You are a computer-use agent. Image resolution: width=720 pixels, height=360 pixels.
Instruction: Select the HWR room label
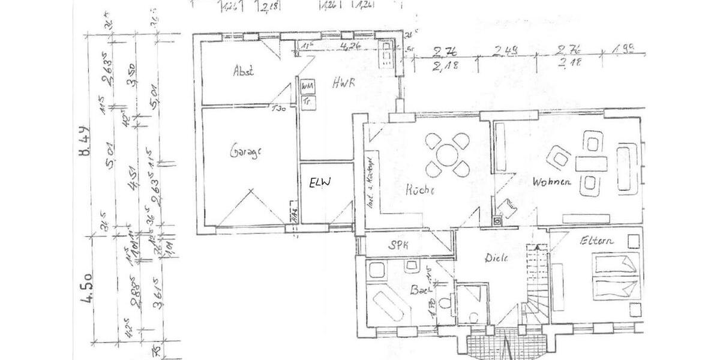pyautogui.click(x=344, y=84)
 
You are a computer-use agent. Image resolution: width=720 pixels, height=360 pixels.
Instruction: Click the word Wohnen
pyautogui.click(x=550, y=181)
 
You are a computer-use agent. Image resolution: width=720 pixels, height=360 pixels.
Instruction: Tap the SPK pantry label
pyautogui.click(x=398, y=244)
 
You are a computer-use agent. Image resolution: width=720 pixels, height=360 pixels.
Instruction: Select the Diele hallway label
pyautogui.click(x=497, y=258)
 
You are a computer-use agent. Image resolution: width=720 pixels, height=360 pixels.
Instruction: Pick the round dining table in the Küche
pyautogui.click(x=448, y=155)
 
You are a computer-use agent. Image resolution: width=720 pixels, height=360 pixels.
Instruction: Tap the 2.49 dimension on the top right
pyautogui.click(x=505, y=52)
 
